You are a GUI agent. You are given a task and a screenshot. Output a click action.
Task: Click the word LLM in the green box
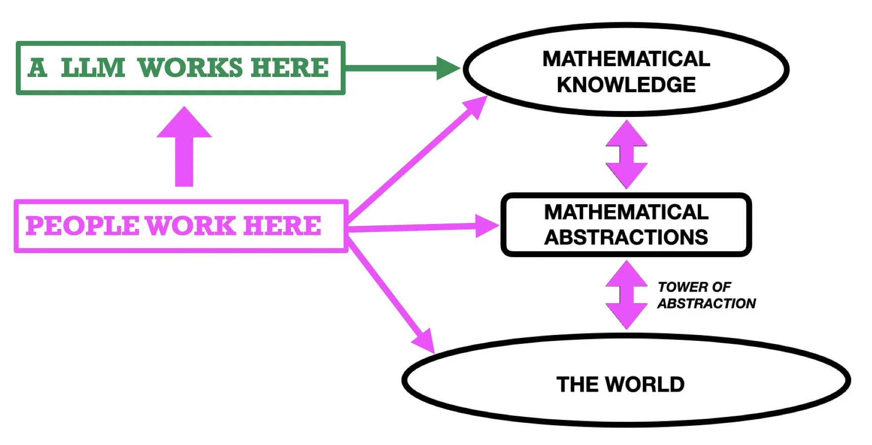coord(93,68)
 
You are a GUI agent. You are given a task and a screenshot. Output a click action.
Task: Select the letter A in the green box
coord(38,68)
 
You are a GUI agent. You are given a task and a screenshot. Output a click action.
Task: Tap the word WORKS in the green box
coord(190,68)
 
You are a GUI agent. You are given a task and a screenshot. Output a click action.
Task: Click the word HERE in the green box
coord(289,68)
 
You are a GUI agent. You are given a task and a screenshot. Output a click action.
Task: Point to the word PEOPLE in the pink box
coord(82,226)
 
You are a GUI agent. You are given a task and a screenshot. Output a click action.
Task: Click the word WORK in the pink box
coord(191,226)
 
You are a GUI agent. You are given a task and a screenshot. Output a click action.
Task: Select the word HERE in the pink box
coord(282,226)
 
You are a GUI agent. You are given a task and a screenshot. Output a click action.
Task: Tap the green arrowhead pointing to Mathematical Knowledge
coord(447,68)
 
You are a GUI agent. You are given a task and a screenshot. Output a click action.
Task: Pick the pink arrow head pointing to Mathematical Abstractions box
coord(486,226)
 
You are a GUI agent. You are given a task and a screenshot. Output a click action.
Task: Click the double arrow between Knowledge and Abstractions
coord(626,154)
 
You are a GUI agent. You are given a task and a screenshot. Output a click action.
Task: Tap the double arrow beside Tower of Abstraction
coord(626,295)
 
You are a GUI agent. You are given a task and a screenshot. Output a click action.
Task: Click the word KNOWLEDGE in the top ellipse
coord(626,85)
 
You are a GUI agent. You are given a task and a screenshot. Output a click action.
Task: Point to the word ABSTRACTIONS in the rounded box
coord(626,238)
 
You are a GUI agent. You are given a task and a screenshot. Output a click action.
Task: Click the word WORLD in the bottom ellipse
coord(645,384)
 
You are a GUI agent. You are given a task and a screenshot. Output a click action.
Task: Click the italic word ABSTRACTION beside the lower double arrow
coord(707,303)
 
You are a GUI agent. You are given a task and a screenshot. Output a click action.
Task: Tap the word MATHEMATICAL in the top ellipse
coord(626,59)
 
